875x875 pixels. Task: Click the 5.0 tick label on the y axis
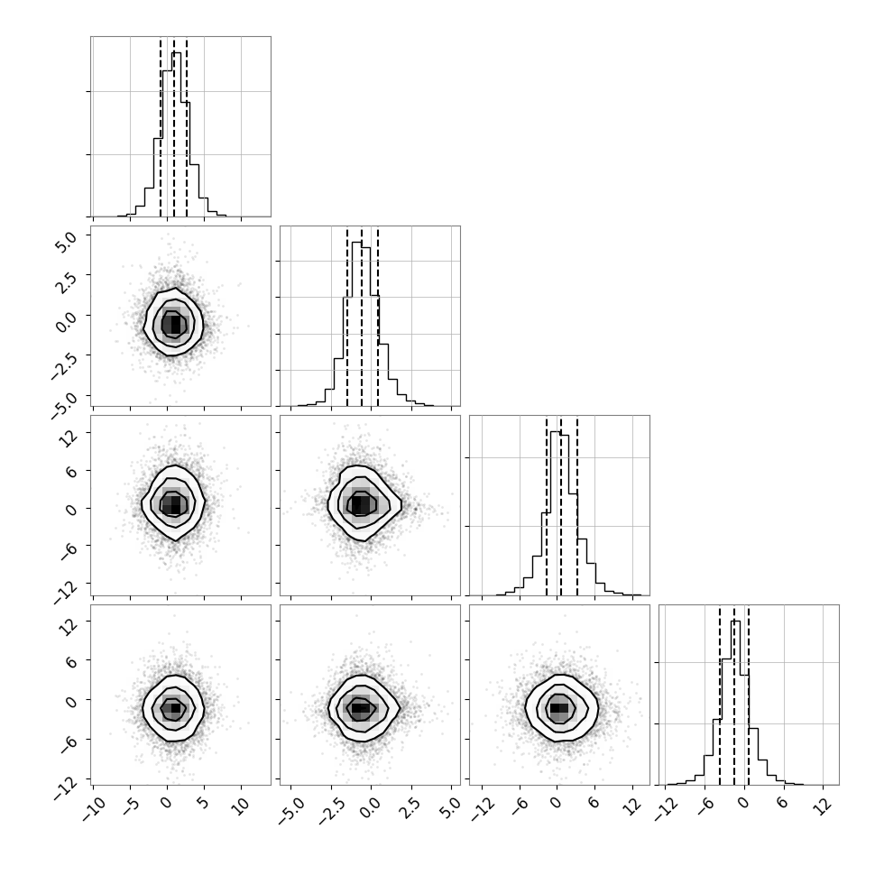[x=66, y=242]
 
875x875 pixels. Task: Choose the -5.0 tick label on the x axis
[x=290, y=810]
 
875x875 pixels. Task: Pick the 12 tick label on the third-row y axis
[x=69, y=438]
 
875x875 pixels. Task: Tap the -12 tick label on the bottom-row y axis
[x=66, y=785]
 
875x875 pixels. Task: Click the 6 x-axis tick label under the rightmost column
[x=783, y=804]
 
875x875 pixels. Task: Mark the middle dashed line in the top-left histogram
[x=173, y=127]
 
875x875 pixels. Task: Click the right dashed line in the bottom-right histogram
[x=749, y=695]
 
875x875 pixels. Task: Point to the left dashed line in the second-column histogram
[x=347, y=317]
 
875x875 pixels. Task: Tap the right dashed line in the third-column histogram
[x=577, y=506]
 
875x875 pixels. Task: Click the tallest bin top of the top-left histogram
[x=176, y=52]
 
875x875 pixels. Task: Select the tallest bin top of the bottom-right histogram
[x=735, y=622]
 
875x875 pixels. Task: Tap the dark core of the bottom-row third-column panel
[x=559, y=708]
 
